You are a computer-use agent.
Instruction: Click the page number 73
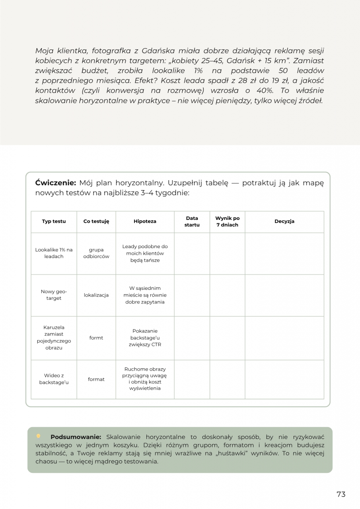click(341, 494)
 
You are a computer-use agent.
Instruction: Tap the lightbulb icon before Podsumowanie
click(39, 436)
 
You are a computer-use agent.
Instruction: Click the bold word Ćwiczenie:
click(55, 183)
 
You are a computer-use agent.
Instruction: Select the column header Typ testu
click(54, 221)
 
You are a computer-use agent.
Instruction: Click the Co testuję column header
click(96, 221)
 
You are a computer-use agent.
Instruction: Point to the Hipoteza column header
click(145, 221)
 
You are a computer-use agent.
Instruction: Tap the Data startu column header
click(192, 221)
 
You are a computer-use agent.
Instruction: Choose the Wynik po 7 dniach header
click(227, 221)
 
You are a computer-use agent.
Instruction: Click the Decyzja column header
click(284, 221)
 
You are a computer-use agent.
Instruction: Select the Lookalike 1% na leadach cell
click(54, 253)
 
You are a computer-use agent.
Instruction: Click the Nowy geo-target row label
click(54, 295)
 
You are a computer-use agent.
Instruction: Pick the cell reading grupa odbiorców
click(96, 253)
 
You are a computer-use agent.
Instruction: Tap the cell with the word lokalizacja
click(96, 295)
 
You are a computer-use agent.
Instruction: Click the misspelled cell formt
click(96, 338)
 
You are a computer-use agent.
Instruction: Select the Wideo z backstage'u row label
click(54, 379)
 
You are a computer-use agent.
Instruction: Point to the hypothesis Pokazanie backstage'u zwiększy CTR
click(145, 338)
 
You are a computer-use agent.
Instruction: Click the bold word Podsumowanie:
click(76, 437)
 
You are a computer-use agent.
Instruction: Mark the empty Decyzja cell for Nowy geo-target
click(284, 295)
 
